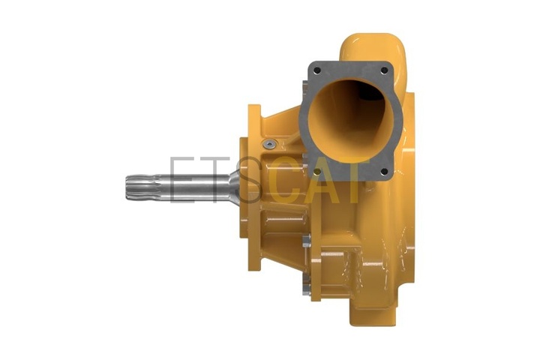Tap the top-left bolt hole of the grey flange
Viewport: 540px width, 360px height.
tap(317, 71)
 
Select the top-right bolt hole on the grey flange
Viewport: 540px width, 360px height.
tap(384, 70)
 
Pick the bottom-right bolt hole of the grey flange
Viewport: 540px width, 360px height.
tap(384, 171)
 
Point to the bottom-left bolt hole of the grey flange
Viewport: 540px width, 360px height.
tap(317, 172)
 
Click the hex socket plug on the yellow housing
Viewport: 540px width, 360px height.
tap(269, 144)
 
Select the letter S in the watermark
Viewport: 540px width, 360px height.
tap(249, 179)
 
